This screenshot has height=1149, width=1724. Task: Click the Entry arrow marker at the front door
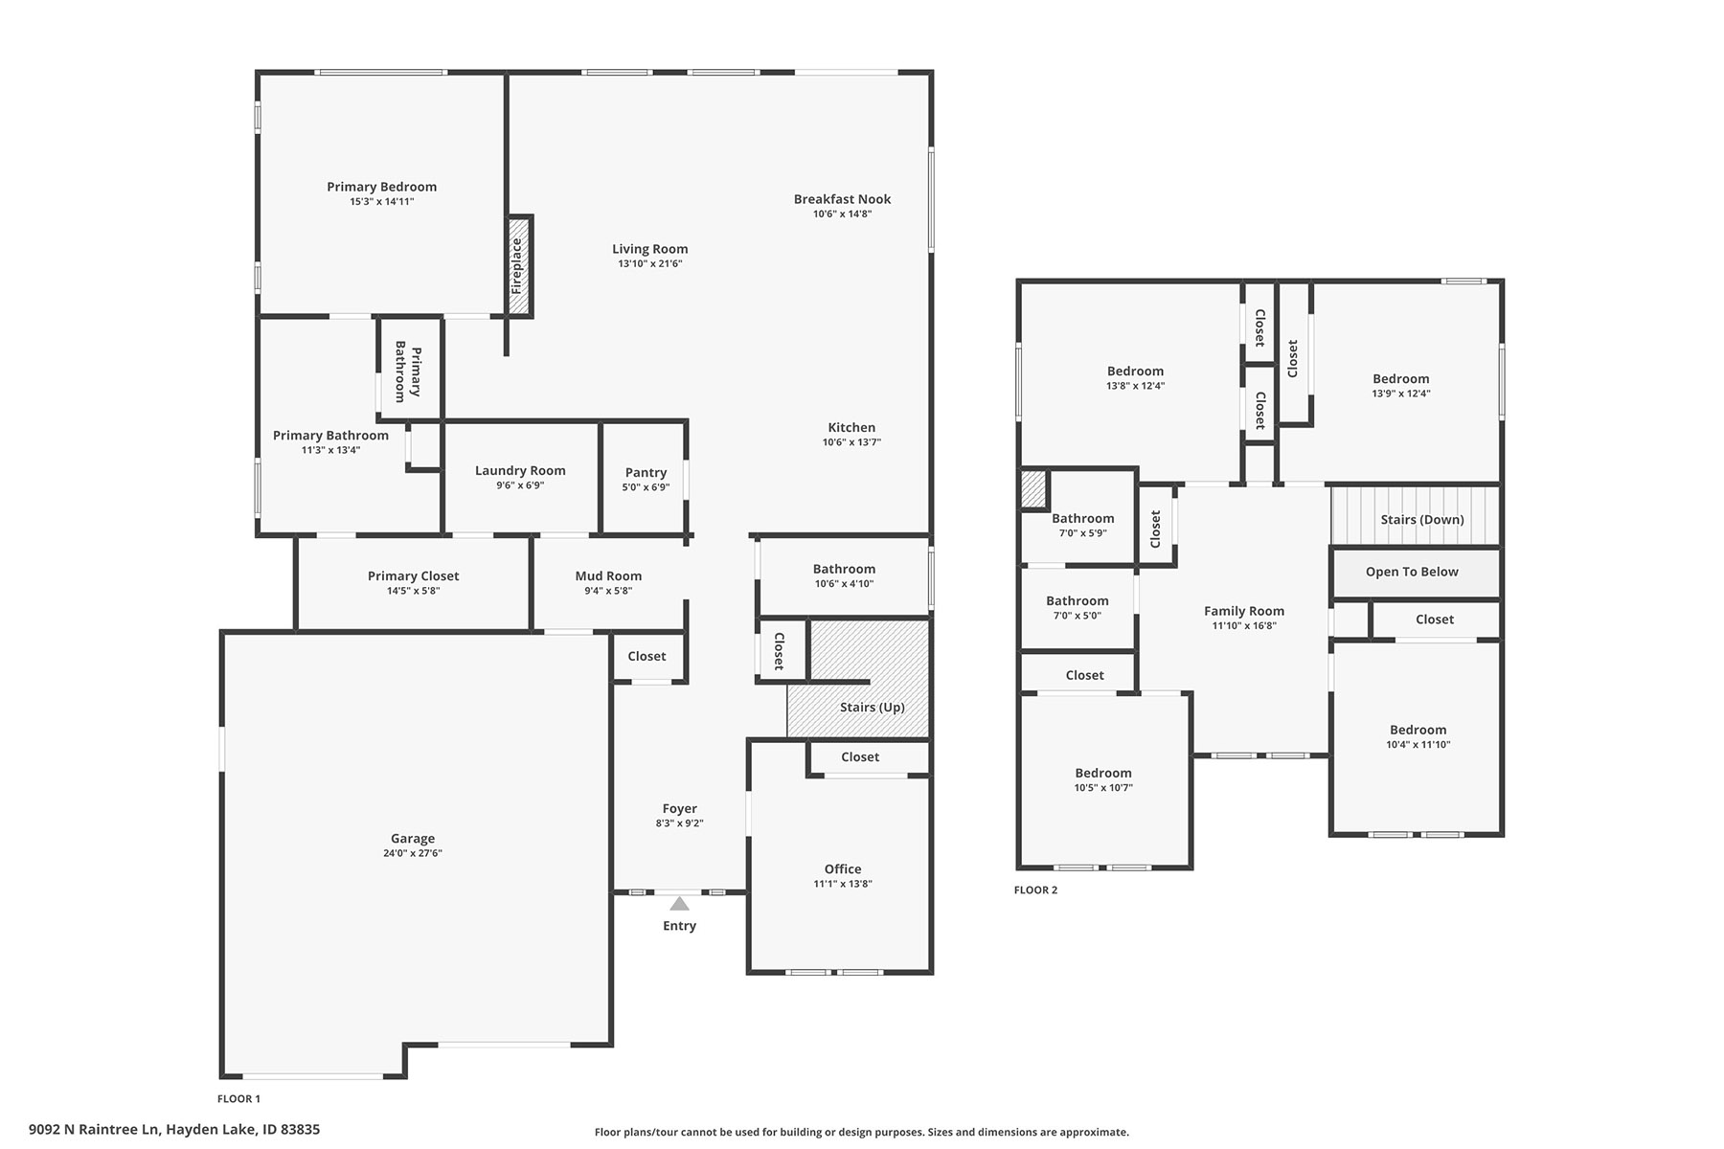click(x=679, y=903)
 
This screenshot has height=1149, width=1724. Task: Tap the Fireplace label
click(x=517, y=266)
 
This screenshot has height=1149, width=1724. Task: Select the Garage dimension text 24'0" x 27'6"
click(x=413, y=853)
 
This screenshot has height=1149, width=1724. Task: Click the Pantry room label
click(x=646, y=472)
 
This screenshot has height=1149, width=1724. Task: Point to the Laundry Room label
click(x=520, y=470)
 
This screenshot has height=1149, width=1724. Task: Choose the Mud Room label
click(x=608, y=575)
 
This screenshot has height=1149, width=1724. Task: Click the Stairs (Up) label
click(x=872, y=708)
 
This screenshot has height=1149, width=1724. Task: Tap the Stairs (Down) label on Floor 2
click(x=1422, y=520)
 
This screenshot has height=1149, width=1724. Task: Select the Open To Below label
click(x=1412, y=572)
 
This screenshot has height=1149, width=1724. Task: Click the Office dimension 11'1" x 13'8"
click(x=843, y=884)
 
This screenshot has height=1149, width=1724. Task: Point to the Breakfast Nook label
click(x=842, y=199)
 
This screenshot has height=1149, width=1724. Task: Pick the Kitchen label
click(x=851, y=428)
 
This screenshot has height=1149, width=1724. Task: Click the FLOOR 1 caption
click(x=238, y=1099)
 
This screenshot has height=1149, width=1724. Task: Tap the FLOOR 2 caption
click(x=1035, y=890)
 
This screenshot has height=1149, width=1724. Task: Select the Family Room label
click(x=1244, y=611)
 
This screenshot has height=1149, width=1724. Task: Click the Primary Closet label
click(x=413, y=575)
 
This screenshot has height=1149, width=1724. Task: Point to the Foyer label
click(x=680, y=808)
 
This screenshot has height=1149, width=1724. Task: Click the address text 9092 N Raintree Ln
click(x=93, y=1129)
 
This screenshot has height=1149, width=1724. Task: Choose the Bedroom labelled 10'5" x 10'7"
click(x=1103, y=773)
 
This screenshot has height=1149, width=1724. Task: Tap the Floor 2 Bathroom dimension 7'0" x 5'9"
click(x=1083, y=533)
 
